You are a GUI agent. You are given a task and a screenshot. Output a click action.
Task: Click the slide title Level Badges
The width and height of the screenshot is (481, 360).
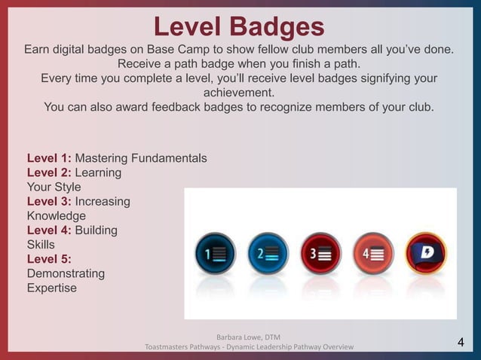[x=239, y=26]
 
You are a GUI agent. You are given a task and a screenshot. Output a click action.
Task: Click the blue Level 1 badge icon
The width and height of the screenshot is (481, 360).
[x=216, y=255]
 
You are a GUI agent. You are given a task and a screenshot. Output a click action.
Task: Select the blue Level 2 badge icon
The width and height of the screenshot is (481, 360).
[x=268, y=255]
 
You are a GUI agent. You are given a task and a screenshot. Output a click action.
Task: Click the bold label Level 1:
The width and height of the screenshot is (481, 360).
[x=49, y=158]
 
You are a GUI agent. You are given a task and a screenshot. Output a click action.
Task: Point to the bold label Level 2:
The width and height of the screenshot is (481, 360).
[x=49, y=172]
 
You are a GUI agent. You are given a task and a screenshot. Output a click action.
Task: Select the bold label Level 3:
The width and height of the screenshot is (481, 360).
[x=49, y=201]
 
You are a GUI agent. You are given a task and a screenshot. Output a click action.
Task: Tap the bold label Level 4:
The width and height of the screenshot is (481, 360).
[x=49, y=230]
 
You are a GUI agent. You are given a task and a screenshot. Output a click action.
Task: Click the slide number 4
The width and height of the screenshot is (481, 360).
[x=461, y=344]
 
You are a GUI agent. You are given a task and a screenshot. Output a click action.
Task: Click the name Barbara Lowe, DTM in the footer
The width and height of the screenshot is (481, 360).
[x=249, y=336]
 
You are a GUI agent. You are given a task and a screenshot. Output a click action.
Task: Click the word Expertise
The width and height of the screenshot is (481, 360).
[x=51, y=288]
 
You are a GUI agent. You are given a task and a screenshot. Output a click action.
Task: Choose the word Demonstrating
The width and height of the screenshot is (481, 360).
[x=66, y=273]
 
